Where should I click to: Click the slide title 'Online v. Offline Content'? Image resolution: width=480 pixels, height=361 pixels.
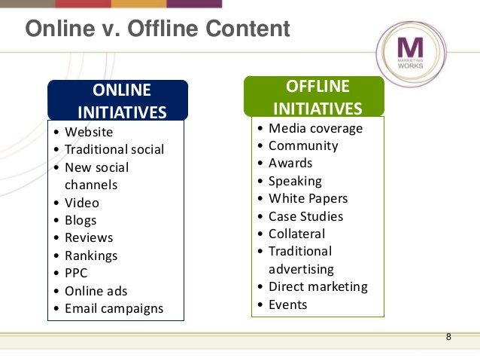tap(157, 29)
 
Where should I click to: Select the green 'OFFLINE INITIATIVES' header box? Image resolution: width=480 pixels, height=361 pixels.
tap(314, 96)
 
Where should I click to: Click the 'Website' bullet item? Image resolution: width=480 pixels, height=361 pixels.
tap(88, 133)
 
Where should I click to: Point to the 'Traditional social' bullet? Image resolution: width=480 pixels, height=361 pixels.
tap(114, 150)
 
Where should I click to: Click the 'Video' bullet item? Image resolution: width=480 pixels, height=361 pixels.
tap(81, 203)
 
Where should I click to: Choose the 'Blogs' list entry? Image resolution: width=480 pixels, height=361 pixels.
tap(81, 221)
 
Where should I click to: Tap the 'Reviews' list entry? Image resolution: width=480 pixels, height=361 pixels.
tap(88, 238)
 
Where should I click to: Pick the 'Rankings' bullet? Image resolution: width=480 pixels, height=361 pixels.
tap(91, 255)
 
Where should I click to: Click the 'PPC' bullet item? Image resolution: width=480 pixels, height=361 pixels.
tap(77, 274)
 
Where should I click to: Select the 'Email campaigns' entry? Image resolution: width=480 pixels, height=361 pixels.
tap(114, 308)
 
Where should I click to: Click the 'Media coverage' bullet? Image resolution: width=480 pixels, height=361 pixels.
tap(314, 128)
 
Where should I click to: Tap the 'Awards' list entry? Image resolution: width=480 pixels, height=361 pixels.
tap(290, 163)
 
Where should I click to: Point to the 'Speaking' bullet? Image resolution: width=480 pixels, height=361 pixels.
tap(294, 181)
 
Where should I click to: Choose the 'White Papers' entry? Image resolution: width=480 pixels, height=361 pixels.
tap(308, 199)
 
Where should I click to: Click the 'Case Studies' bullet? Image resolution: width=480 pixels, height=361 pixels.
tap(305, 216)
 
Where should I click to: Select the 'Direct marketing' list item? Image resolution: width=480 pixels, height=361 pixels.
tap(317, 286)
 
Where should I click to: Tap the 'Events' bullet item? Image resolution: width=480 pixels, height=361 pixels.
tap(287, 304)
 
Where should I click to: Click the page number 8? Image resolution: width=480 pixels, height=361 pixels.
tap(448, 336)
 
